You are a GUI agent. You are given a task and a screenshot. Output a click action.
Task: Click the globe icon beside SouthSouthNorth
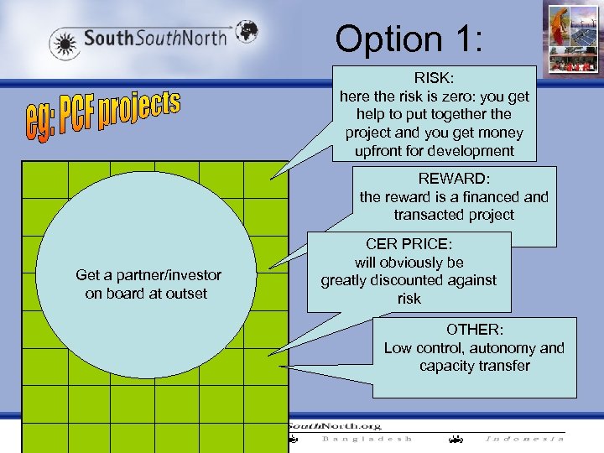pos(244,31)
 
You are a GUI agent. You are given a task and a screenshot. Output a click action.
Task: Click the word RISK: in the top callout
pos(434,78)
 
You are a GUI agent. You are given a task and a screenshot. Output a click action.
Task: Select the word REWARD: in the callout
pos(453,179)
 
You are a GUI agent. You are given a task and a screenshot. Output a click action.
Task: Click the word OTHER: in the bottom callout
pos(474,330)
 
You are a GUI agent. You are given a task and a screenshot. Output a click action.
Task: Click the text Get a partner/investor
pos(148,275)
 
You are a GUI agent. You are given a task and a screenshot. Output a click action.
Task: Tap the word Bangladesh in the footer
pos(367,439)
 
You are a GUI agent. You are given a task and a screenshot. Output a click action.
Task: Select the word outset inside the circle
pos(186,294)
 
